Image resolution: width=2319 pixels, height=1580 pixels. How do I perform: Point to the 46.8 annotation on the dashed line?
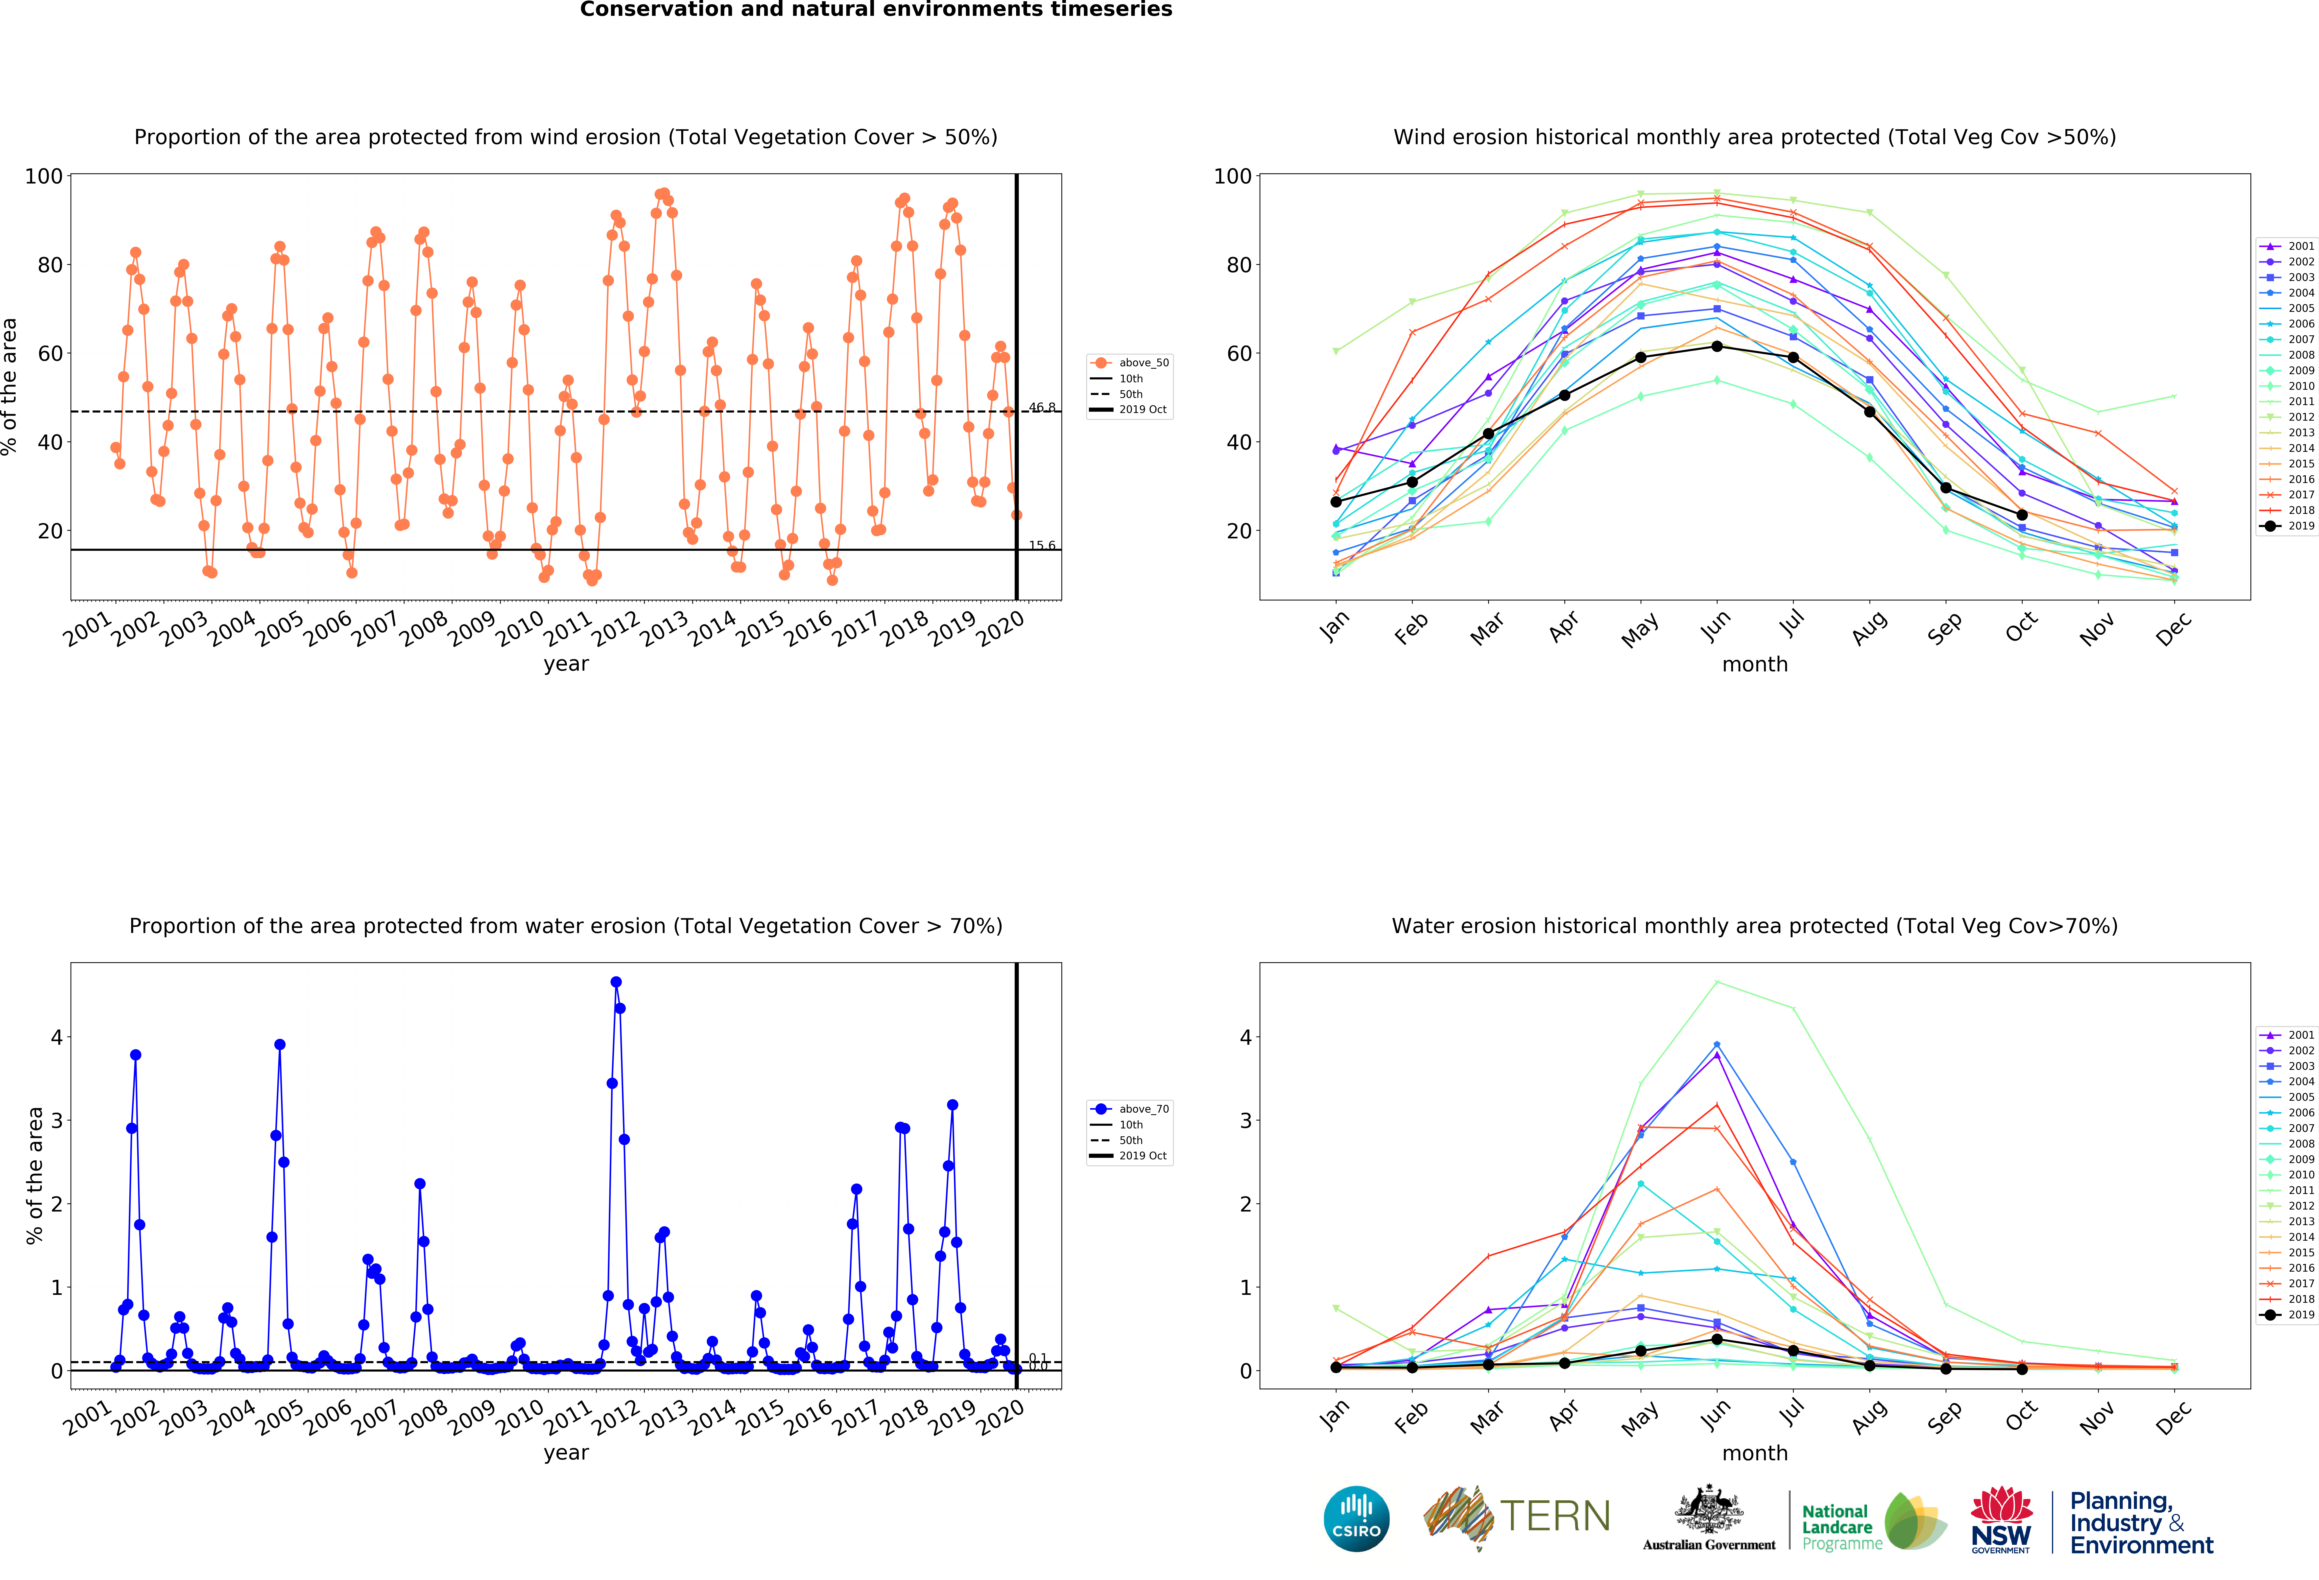pyautogui.click(x=1042, y=407)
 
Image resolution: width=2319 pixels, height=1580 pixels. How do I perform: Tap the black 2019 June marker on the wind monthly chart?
pyautogui.click(x=1716, y=346)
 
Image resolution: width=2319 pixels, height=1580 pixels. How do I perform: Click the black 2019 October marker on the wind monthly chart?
pyautogui.click(x=2022, y=515)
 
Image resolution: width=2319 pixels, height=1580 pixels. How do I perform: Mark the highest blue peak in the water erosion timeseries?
pyautogui.click(x=616, y=983)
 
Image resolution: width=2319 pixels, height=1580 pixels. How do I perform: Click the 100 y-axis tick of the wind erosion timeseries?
pyautogui.click(x=44, y=177)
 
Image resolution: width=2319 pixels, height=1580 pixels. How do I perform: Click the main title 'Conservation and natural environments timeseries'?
pyautogui.click(x=876, y=10)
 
